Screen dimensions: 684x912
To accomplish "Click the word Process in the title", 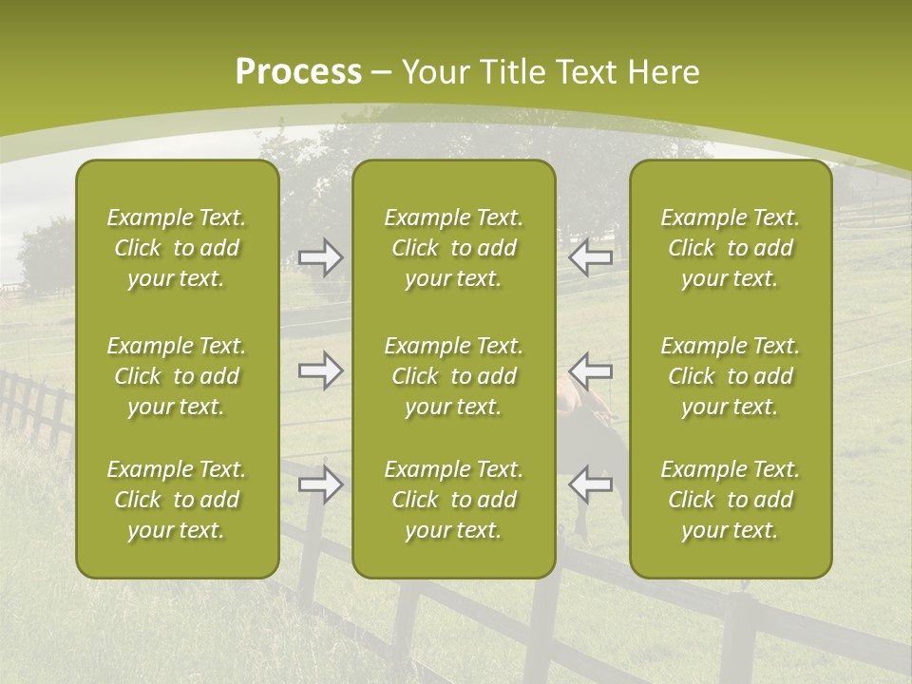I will [298, 72].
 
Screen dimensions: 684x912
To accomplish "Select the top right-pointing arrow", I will [320, 257].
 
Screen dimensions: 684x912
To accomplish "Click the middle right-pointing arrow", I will [320, 370].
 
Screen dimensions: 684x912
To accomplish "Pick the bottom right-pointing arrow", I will [320, 484].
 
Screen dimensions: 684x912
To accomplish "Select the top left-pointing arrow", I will [590, 257].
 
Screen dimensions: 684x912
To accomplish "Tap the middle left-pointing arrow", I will [590, 370].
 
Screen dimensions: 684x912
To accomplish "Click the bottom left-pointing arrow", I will [590, 484].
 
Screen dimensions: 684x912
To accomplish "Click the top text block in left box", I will [177, 248].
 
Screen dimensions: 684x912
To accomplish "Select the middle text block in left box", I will [177, 376].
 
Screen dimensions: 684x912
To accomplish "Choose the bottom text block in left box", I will [177, 500].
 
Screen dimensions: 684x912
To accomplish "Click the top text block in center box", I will [453, 248].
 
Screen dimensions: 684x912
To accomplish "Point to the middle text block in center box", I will [453, 376].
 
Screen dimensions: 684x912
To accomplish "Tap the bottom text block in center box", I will [453, 500].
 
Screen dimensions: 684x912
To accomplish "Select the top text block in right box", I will [730, 248].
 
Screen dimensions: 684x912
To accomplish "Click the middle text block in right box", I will [730, 376].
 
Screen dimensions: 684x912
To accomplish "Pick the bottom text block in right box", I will [730, 500].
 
